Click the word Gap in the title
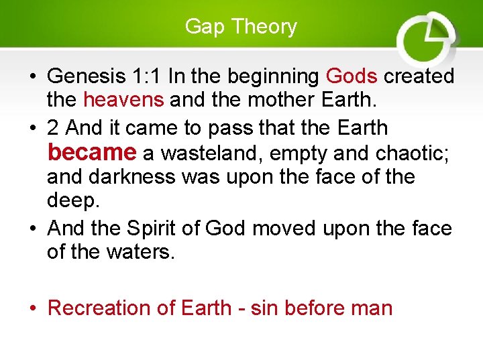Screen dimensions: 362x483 pyautogui.click(x=200, y=27)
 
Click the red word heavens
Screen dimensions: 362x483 pyautogui.click(x=123, y=101)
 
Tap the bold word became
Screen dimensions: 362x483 pyautogui.click(x=91, y=152)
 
